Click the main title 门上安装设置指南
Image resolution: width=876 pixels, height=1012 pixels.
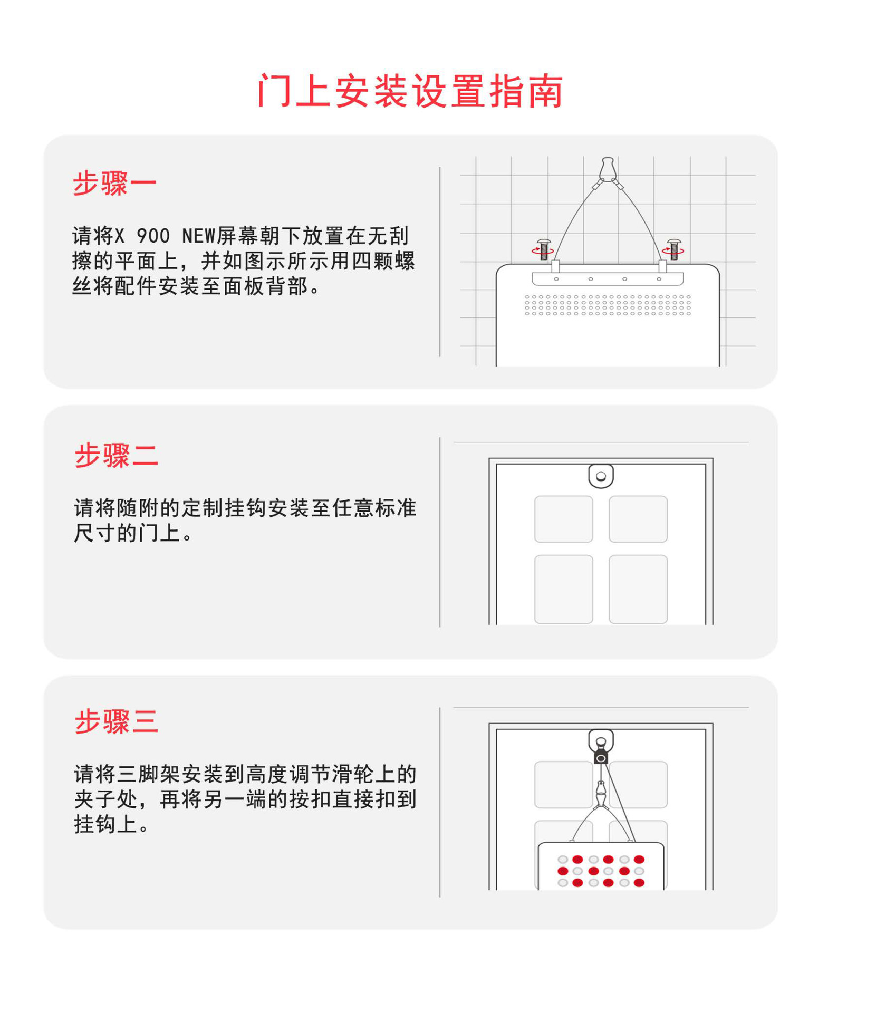tap(410, 91)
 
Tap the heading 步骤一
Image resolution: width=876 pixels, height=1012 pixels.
tap(114, 184)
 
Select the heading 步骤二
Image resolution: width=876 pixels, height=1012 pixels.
tap(116, 455)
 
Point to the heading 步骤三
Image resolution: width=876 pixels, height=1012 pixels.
tap(116, 720)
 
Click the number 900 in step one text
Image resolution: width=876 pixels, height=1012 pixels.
tap(153, 236)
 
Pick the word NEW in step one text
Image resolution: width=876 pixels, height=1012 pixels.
tap(199, 236)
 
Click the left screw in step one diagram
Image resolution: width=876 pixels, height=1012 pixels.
tap(543, 249)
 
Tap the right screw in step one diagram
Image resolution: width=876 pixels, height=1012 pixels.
tap(673, 249)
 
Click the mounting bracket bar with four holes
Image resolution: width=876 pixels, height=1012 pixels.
tap(608, 279)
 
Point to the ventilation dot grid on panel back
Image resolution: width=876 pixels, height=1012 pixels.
tap(608, 305)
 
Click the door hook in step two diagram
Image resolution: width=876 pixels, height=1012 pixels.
tap(601, 476)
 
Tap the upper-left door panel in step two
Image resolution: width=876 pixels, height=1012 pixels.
tap(563, 519)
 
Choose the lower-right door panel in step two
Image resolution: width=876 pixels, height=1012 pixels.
tap(638, 589)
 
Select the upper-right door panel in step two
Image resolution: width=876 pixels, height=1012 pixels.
tap(638, 519)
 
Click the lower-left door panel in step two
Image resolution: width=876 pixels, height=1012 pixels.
tap(563, 589)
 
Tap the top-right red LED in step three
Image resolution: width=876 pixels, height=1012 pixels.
tap(639, 860)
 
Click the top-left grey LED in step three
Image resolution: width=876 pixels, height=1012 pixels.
tap(563, 860)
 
